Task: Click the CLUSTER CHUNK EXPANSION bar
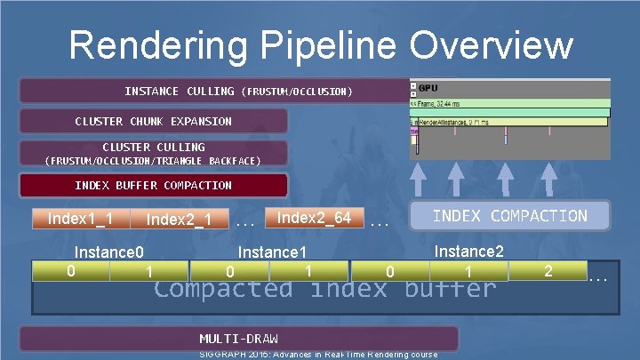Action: coord(153,121)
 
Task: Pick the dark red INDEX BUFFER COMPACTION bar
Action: coord(153,186)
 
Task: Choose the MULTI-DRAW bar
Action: coord(238,339)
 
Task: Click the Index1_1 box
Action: coord(80,219)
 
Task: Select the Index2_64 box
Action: coord(314,218)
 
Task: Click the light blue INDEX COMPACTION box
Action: coord(509,216)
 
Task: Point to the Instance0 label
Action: coord(109,252)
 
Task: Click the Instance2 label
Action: coord(468,252)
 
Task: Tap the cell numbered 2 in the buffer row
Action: coord(548,269)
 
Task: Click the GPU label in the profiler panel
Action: coord(428,88)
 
